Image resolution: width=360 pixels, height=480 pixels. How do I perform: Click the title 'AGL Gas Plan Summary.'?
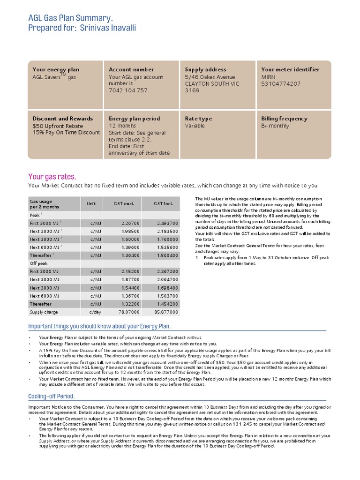[70, 18]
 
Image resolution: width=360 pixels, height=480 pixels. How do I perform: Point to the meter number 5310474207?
[281, 84]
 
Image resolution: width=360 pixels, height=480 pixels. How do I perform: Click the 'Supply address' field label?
[205, 69]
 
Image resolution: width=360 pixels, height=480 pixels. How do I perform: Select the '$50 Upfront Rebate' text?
[58, 126]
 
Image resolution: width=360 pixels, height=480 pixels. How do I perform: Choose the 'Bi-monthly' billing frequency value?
[275, 126]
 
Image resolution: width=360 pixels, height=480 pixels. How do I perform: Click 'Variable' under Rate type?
[195, 126]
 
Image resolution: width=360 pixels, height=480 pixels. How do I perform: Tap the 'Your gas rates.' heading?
[52, 177]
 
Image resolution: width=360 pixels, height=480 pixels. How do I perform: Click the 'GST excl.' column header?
[124, 204]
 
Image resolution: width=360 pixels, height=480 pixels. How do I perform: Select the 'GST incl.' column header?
[163, 204]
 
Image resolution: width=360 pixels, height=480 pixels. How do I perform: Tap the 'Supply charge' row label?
[44, 312]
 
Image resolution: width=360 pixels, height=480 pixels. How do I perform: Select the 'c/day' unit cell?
[95, 312]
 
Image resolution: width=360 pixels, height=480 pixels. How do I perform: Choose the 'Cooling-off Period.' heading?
[51, 397]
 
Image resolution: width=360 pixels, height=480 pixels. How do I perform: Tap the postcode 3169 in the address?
[192, 90]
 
